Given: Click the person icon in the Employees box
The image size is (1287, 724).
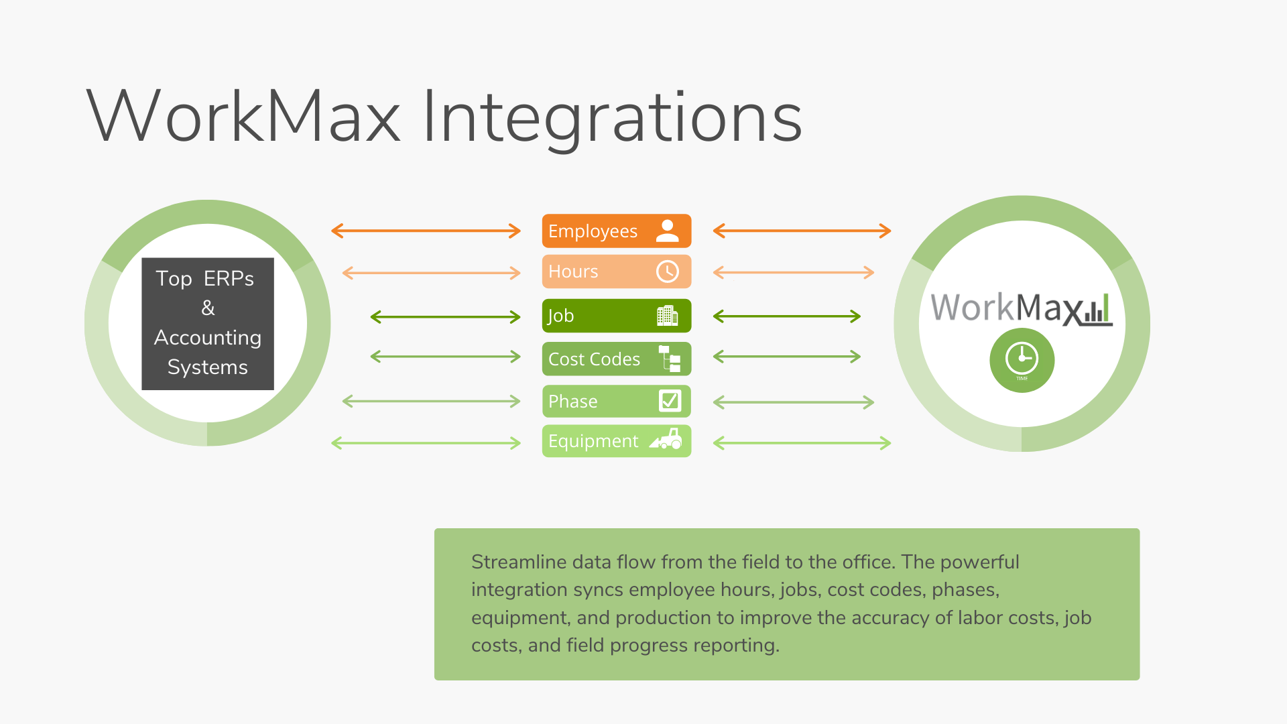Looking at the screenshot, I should point(668,231).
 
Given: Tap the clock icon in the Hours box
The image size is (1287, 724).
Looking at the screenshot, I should point(668,271).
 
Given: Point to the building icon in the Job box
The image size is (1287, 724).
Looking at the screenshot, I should point(668,315).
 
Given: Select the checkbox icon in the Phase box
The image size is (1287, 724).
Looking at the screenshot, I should point(670,401).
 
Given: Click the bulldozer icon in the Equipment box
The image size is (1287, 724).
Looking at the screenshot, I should point(666,440).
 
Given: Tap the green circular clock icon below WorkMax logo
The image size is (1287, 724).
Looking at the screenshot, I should point(1022,360).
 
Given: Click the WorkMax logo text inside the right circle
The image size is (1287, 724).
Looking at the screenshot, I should point(1020,308).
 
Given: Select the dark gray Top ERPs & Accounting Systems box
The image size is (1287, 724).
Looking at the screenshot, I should point(208,324).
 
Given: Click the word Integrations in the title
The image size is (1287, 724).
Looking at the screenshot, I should point(612,117).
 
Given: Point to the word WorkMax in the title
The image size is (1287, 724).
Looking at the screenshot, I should point(243,117).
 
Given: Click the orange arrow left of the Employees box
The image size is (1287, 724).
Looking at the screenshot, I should point(426,231).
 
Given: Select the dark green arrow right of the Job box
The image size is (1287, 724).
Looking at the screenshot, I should point(787,316).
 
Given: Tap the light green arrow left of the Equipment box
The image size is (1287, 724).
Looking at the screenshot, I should point(426,443).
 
